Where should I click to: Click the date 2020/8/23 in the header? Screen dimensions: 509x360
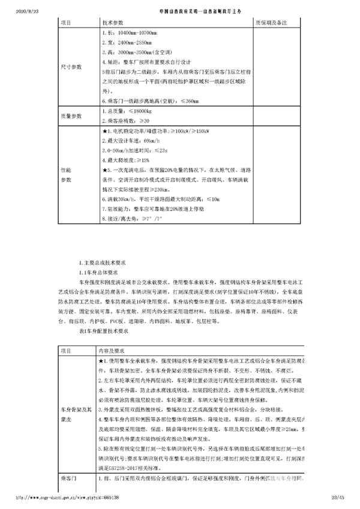click(x=12, y=11)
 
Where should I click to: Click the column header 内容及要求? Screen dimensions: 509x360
click(x=112, y=350)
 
